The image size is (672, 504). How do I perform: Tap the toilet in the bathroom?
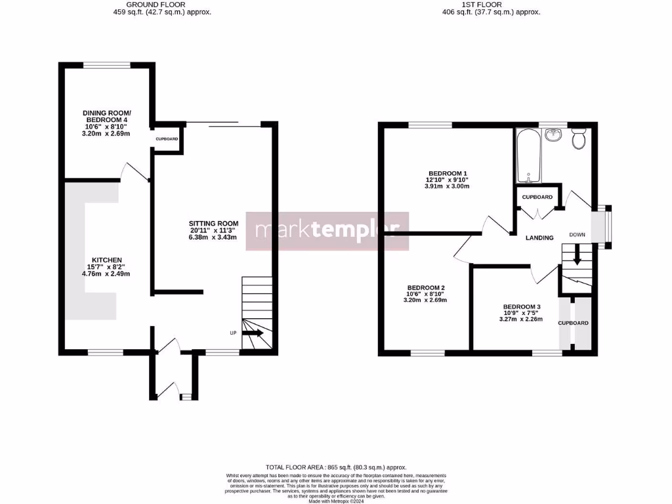[578, 140]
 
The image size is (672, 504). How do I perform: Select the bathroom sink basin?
[554, 136]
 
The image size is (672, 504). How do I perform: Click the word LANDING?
[539, 238]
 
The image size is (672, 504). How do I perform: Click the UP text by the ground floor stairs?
[233, 333]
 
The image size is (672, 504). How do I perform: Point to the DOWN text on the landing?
[577, 234]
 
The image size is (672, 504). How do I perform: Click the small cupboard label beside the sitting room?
[167, 139]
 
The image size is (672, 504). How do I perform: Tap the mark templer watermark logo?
[327, 231]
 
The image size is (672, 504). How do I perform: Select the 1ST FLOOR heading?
[482, 5]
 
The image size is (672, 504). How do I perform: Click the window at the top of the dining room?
[106, 64]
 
